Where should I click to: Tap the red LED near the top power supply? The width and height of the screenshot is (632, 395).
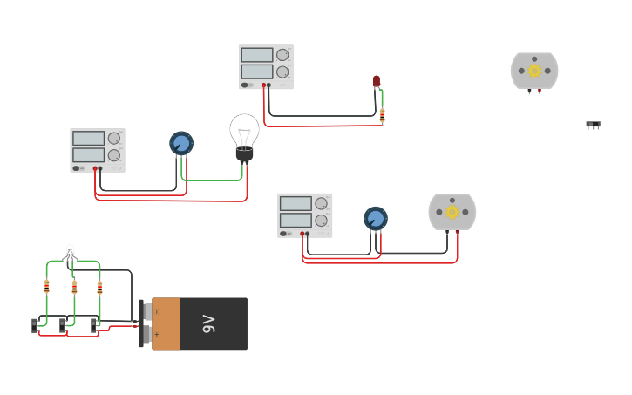(377, 81)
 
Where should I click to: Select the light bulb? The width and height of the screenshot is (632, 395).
(244, 135)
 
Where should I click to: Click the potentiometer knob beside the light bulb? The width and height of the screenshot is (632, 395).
(181, 143)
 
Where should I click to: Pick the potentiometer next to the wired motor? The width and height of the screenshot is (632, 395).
(376, 218)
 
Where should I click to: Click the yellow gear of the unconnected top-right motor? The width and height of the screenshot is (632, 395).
(534, 71)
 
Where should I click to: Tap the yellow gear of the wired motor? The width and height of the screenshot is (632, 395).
(452, 212)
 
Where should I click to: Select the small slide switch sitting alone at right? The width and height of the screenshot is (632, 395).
(593, 125)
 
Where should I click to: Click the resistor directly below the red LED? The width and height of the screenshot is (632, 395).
(382, 113)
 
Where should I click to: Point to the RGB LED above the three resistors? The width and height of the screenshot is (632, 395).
(70, 253)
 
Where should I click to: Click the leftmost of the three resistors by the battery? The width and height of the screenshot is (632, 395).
(46, 286)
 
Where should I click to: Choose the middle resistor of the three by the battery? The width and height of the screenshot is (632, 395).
(74, 286)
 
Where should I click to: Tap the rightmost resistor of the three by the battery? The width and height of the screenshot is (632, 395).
(99, 286)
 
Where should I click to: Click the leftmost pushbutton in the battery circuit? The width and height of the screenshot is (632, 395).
(35, 325)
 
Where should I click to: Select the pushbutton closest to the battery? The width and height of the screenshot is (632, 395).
(94, 325)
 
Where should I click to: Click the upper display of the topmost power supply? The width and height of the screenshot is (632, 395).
(257, 55)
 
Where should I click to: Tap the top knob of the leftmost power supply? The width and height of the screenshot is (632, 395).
(114, 138)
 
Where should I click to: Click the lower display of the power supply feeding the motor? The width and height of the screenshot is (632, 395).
(296, 220)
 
